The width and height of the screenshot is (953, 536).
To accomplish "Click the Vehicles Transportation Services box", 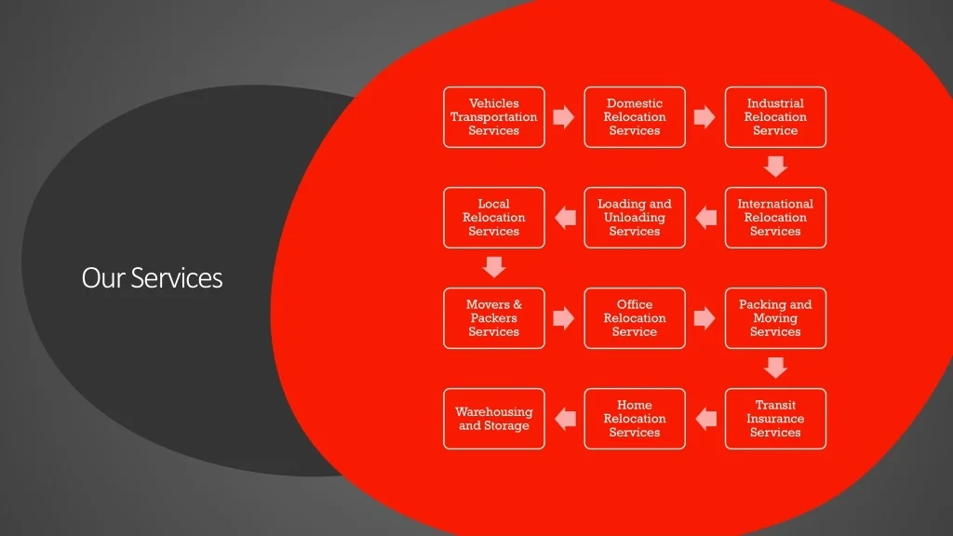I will pos(494,117).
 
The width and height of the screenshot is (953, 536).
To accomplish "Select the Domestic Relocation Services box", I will pos(635,117).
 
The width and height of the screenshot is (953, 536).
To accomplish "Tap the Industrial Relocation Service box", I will pos(775,117).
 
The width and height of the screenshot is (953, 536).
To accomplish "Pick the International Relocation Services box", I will pos(775,218).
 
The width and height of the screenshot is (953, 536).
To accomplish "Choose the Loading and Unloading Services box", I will pos(635,218).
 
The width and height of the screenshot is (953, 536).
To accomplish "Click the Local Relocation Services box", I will pos(494,218).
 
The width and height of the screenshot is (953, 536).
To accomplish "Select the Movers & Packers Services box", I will pos(494,318).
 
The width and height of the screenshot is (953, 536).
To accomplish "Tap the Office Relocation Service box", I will pos(635,318).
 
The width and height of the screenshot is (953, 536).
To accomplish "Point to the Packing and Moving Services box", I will pos(775,318).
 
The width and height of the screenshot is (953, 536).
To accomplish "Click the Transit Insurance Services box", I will pos(775,419).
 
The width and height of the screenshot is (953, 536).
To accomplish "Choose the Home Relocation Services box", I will pos(635,419).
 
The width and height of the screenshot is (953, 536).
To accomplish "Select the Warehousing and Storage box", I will pos(494,419).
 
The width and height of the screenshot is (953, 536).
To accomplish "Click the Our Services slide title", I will pos(152,277).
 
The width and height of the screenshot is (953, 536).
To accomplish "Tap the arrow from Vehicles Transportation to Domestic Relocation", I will pos(564,117).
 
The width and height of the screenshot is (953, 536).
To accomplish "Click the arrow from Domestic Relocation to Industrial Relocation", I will pos(705,117).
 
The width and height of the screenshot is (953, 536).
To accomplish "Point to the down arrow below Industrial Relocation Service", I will pos(775,167).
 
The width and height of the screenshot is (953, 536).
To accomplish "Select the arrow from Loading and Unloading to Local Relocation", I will pos(564,218).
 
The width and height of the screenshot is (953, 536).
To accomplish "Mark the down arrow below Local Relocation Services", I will pos(494,267).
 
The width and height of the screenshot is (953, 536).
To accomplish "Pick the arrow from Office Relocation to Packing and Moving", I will pos(705,318).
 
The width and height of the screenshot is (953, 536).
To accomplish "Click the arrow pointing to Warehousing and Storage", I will pos(564,419).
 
